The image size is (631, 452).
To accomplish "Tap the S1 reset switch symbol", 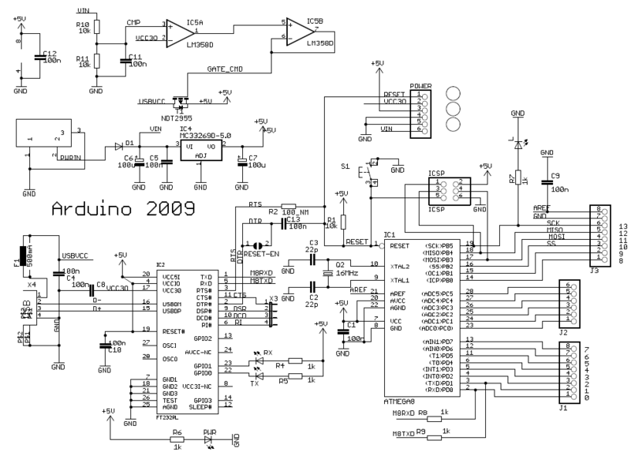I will pos(366,174).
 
